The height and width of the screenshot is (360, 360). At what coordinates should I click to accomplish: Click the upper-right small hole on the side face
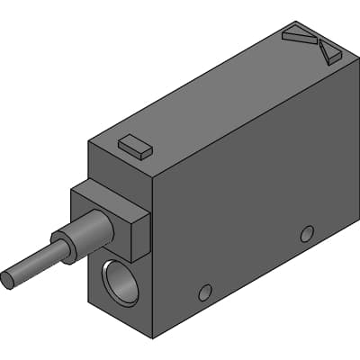click(x=307, y=234)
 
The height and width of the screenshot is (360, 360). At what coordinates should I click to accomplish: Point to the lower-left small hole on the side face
click(x=205, y=292)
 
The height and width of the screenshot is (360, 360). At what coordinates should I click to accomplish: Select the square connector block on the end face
click(x=110, y=220)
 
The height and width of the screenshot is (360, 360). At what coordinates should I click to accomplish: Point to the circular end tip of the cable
click(x=8, y=279)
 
